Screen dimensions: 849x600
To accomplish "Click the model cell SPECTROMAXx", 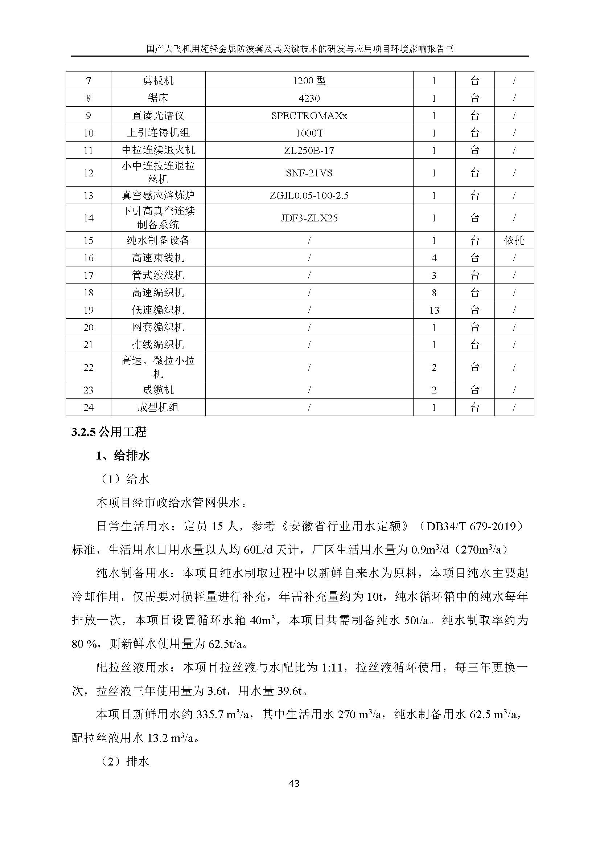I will (x=309, y=116).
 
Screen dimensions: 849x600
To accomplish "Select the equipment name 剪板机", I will (x=158, y=81).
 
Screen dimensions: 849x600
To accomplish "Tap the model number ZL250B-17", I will (x=309, y=151).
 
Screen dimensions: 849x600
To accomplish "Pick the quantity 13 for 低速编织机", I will (x=434, y=310).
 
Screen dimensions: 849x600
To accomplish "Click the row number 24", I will (x=89, y=408).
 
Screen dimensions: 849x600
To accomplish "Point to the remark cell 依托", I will (x=514, y=241).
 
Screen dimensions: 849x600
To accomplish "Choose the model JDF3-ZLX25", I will (x=309, y=218).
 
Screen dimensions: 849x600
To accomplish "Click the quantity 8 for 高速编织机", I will (x=434, y=293).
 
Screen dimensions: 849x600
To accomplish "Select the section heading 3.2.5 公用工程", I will (x=109, y=432).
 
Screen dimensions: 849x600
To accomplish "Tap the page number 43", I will (x=294, y=784).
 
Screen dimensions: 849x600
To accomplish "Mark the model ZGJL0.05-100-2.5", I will (x=309, y=196).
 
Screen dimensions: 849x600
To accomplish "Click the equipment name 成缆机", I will (x=158, y=390).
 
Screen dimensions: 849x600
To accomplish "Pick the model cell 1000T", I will (x=309, y=133).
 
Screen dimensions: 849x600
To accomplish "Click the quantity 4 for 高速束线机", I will (x=434, y=258).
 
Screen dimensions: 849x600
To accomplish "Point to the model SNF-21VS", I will (x=309, y=173).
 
